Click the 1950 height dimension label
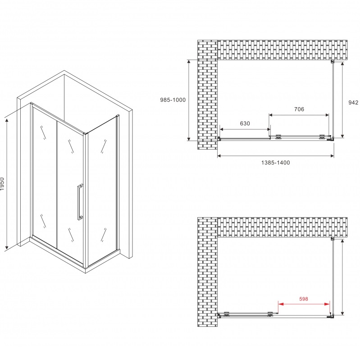[x=2, y=184]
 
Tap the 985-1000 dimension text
[x=173, y=100]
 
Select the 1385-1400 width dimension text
[x=275, y=163]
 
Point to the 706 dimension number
[x=299, y=109]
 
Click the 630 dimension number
[x=245, y=123]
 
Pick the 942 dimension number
[x=353, y=103]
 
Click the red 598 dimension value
[x=304, y=299]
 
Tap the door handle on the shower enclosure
[x=80, y=202]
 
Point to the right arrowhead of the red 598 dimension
[x=327, y=304]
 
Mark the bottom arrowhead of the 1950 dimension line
[x=7, y=247]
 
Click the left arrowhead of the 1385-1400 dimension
[x=219, y=156]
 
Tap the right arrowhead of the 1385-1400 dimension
[x=332, y=156]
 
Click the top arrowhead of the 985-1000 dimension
[x=189, y=62]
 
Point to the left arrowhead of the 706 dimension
[x=271, y=115]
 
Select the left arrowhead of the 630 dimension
[x=222, y=129]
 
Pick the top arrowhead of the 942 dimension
[x=342, y=64]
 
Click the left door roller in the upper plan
[x=279, y=137]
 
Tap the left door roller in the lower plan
[x=227, y=314]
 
